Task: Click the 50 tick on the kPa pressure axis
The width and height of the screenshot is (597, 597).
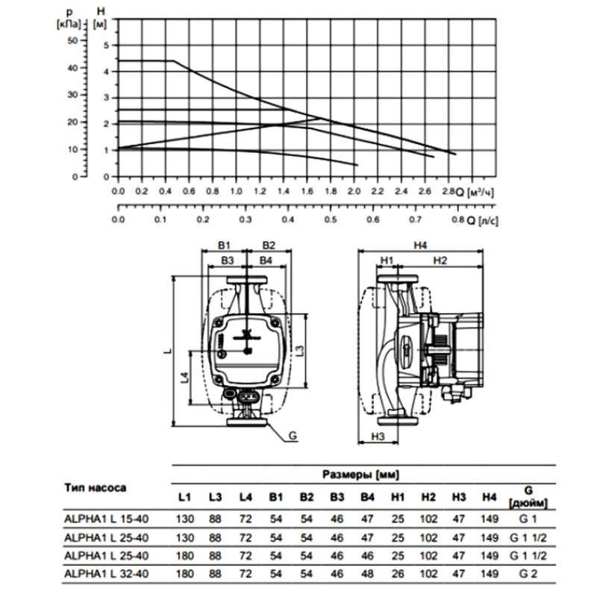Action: pyautogui.click(x=72, y=40)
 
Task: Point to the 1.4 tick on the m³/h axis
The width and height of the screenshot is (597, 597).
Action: pyautogui.click(x=284, y=191)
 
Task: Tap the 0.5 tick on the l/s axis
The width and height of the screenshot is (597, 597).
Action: pyautogui.click(x=330, y=219)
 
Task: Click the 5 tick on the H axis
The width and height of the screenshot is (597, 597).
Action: pyautogui.click(x=106, y=46)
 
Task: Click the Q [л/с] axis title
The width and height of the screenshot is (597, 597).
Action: pyautogui.click(x=482, y=221)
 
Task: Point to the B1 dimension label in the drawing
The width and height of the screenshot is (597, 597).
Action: pyautogui.click(x=224, y=246)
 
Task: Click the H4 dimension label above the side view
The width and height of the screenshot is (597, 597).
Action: pyautogui.click(x=420, y=246)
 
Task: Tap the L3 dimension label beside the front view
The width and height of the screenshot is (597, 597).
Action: pyautogui.click(x=300, y=351)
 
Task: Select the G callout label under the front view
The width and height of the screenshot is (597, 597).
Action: pyautogui.click(x=293, y=436)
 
